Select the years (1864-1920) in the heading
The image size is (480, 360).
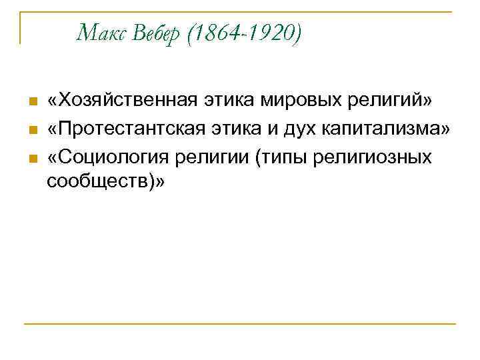pos(243,31)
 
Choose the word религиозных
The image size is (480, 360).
pos(369,157)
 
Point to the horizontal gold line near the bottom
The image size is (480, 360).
pos(240,324)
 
